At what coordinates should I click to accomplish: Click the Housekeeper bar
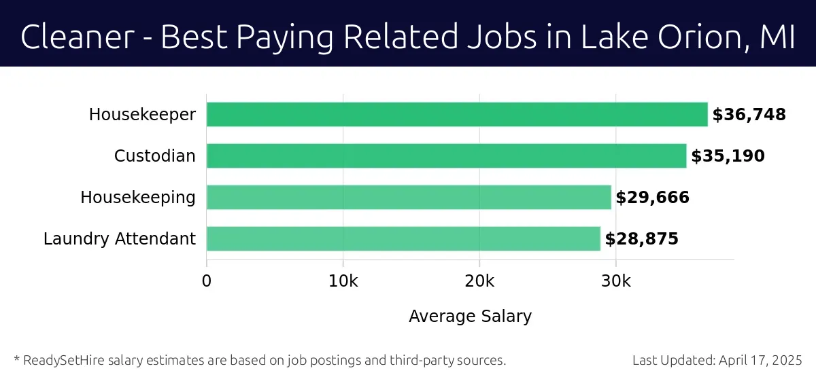457,115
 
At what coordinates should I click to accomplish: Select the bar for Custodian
446,156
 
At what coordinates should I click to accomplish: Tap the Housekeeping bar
409,198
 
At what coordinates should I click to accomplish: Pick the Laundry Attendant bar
403,239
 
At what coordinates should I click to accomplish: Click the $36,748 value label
749,115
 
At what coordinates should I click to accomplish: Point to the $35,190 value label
728,156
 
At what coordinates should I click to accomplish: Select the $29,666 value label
652,198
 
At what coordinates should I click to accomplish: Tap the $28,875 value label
641,239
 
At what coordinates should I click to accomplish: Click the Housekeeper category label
142,115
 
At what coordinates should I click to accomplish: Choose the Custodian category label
154,156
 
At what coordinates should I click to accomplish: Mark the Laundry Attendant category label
119,239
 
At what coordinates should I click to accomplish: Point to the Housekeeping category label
137,198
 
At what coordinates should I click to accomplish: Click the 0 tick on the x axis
207,281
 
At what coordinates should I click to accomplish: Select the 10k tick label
343,281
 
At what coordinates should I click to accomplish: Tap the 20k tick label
479,281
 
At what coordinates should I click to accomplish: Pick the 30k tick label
615,281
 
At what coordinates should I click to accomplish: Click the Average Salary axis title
470,316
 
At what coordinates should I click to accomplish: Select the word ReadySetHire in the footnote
61,360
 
